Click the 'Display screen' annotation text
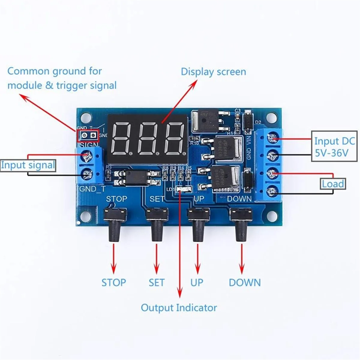[213, 72]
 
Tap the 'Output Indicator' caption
[179, 307]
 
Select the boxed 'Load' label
[333, 184]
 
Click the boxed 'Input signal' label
[28, 165]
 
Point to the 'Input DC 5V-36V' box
[334, 147]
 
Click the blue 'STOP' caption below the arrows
[113, 282]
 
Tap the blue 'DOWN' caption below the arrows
[244, 282]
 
